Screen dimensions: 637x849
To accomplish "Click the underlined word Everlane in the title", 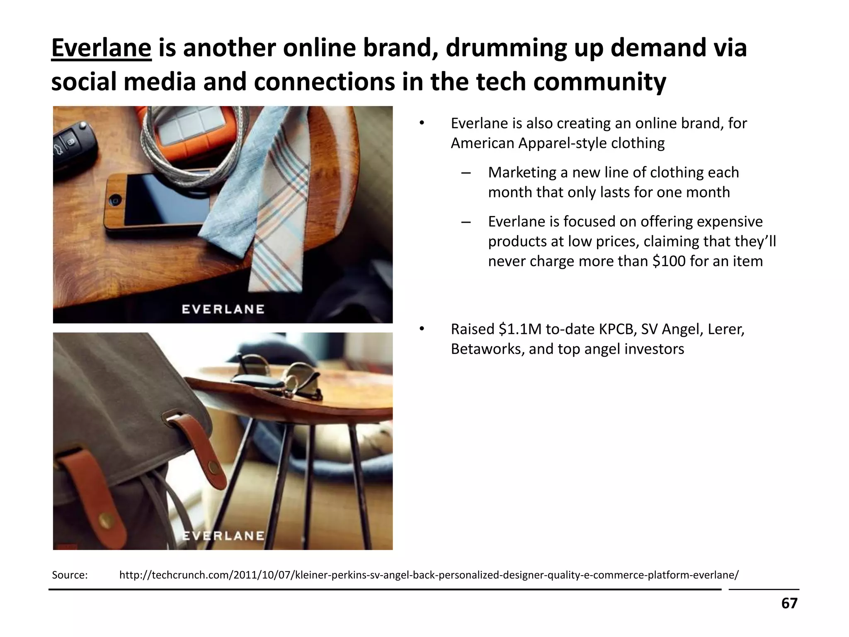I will pyautogui.click(x=101, y=48).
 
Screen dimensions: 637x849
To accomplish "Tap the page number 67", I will pyautogui.click(x=789, y=603).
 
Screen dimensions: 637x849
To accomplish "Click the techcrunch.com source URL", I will pyautogui.click(x=429, y=575).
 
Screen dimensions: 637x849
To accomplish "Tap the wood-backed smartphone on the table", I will pyautogui.click(x=162, y=199).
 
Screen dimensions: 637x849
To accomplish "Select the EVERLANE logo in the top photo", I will pyautogui.click(x=223, y=309).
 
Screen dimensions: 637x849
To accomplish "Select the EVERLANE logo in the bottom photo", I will pyautogui.click(x=223, y=536).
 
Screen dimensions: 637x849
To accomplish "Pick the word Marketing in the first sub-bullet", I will pyautogui.click(x=522, y=173).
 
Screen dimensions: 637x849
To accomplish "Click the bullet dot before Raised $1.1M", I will pyautogui.click(x=422, y=329).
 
